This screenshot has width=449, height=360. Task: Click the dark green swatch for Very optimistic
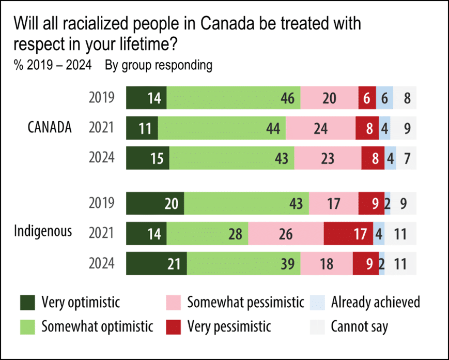point(27,302)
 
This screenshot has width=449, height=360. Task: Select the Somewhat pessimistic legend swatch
point(173,302)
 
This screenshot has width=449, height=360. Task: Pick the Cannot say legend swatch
point(317,327)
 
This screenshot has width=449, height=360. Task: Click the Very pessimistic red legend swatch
point(173,327)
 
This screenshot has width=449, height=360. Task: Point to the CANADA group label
point(50,127)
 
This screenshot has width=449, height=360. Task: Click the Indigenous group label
point(43,231)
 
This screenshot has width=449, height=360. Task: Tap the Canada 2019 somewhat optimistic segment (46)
point(234,98)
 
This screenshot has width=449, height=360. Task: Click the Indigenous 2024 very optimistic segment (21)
point(157,264)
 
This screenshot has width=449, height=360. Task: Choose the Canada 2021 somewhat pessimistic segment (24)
point(321,128)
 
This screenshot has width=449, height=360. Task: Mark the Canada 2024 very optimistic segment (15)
point(148,158)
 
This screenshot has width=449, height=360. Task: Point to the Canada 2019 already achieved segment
point(385,98)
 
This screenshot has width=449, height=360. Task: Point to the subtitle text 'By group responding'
point(158,66)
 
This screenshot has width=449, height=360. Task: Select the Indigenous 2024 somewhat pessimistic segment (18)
point(326,264)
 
